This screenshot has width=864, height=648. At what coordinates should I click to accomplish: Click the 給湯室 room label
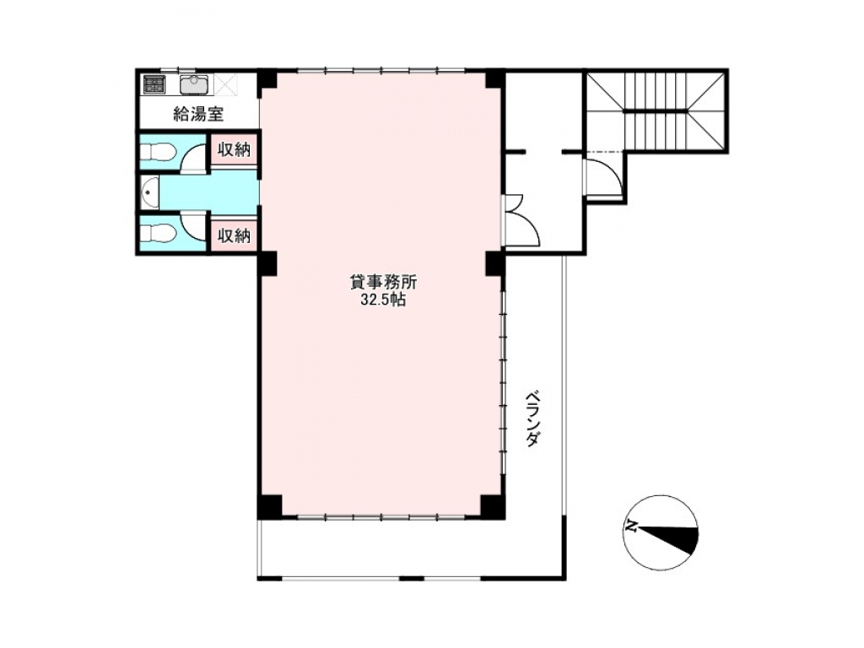pos(197,114)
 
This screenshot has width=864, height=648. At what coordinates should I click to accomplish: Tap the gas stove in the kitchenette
pos(155,84)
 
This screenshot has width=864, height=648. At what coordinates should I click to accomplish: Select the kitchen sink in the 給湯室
pos(194,85)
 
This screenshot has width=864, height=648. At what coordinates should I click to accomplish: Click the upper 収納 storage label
pos(235,149)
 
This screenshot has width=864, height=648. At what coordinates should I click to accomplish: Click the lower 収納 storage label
pos(235,236)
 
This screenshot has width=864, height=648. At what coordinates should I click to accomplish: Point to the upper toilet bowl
pos(158,151)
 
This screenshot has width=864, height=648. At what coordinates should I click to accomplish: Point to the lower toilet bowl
pos(158,234)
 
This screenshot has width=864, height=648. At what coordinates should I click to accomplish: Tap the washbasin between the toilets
pos(149,193)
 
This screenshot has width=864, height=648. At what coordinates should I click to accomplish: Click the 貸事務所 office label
pos(384,282)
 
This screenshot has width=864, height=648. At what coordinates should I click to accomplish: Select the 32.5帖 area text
pos(384,300)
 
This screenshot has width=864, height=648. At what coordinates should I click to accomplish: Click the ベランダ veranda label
pos(532,418)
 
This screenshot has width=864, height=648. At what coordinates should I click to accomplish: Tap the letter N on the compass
pos(631,526)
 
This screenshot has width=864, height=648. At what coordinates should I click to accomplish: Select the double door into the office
pos(521,220)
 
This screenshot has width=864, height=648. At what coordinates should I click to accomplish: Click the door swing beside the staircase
pos(604,177)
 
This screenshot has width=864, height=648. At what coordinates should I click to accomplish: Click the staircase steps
pos(655,111)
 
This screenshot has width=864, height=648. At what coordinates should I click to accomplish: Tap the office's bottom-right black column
pos(492,507)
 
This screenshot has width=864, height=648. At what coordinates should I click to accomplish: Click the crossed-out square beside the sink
pos(224,85)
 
